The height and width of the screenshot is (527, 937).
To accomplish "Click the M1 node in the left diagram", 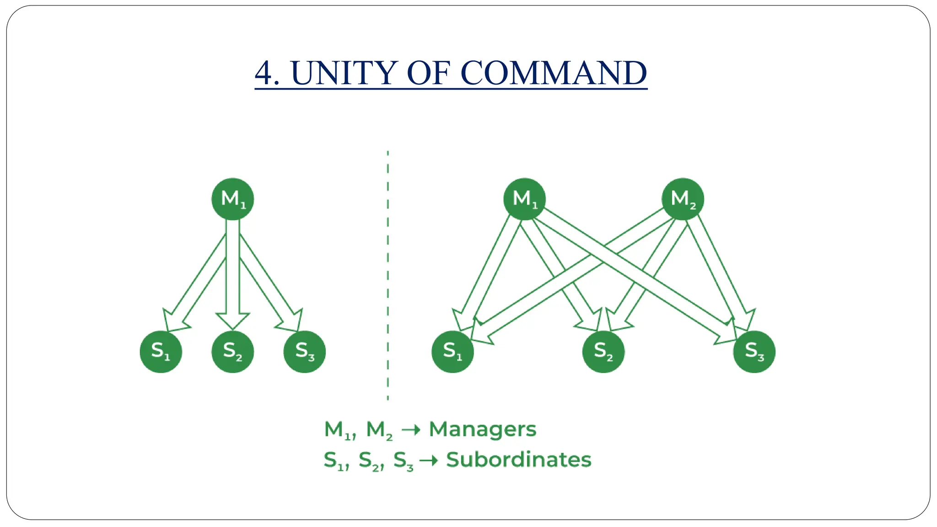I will click(x=232, y=199).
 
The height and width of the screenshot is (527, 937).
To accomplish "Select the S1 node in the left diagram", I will click(x=161, y=351).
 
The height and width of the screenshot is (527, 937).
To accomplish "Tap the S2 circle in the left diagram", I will click(x=232, y=351).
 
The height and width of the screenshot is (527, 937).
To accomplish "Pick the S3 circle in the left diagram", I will click(x=304, y=351).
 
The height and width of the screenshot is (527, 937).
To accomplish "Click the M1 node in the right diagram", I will click(x=524, y=199).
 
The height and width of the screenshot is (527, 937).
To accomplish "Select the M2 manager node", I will click(x=683, y=199).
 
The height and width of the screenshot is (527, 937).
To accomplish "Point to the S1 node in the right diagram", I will click(x=452, y=351).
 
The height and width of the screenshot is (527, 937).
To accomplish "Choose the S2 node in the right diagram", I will click(x=603, y=351).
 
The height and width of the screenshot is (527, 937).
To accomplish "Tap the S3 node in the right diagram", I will click(x=754, y=351).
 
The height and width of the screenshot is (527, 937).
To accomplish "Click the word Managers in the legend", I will click(x=482, y=429).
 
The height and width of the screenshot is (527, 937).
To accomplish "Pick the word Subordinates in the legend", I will click(x=518, y=459).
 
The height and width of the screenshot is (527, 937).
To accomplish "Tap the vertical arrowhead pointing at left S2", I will click(x=232, y=321).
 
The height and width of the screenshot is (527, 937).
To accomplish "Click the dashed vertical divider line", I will click(x=388, y=274).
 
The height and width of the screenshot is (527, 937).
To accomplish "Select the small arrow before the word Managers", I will click(x=410, y=430).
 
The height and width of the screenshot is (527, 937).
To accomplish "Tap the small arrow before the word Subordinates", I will click(x=428, y=460).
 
